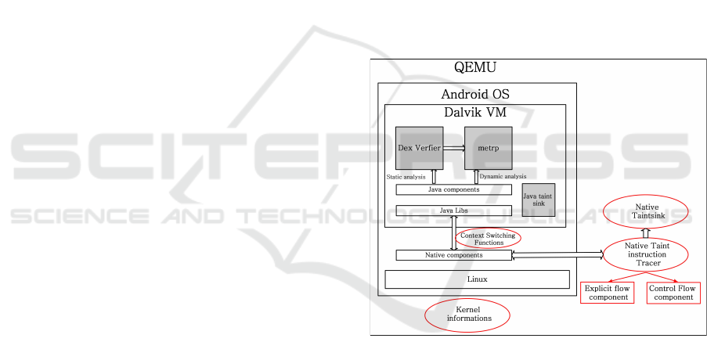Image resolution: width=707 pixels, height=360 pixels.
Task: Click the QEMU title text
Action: (x=475, y=68)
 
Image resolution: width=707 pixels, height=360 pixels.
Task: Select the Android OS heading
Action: (x=475, y=94)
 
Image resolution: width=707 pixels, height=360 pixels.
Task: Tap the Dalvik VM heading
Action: (x=475, y=113)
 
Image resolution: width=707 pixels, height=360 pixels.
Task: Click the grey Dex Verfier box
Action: (x=419, y=147)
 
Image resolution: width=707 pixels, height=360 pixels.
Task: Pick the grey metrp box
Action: (x=488, y=147)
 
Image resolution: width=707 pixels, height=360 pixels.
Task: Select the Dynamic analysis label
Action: (x=503, y=177)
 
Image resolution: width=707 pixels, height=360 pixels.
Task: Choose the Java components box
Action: (x=453, y=189)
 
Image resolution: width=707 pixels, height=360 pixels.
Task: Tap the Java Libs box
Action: (x=453, y=211)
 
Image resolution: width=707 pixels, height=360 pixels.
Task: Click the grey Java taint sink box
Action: (x=538, y=200)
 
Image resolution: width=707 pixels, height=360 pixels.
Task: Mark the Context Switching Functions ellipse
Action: (x=489, y=237)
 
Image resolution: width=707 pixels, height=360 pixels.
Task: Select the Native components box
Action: (x=453, y=255)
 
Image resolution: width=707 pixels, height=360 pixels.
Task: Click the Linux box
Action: (x=477, y=279)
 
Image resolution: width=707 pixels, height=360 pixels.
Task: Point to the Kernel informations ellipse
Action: (x=467, y=315)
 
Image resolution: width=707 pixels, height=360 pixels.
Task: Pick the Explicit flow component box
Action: (x=608, y=293)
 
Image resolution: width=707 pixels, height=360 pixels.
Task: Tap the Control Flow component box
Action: (x=673, y=293)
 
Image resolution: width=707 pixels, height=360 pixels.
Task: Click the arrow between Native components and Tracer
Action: (x=557, y=254)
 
